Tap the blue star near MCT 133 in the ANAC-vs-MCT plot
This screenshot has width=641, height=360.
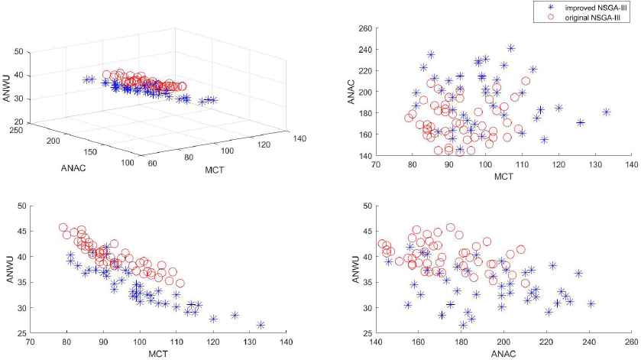coord(607,112)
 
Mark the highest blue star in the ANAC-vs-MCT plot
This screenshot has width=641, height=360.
coord(511,47)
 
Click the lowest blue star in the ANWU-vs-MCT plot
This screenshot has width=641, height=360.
coord(261,325)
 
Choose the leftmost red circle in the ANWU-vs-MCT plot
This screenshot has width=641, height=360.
coord(63,227)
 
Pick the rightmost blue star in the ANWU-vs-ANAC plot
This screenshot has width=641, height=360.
coord(591,303)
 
